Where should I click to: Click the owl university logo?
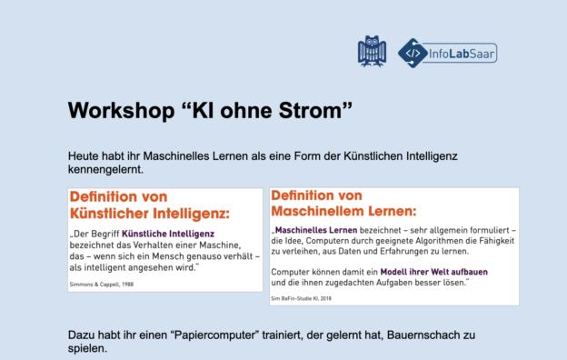(x=373, y=51)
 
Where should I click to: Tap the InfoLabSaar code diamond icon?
(x=413, y=54)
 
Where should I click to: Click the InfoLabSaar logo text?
(x=461, y=54)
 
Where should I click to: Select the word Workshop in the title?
(x=121, y=110)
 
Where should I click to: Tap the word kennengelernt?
(x=105, y=169)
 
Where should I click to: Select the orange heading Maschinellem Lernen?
(x=343, y=211)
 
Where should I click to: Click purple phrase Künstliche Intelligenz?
(x=168, y=234)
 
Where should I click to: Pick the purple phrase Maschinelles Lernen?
(x=316, y=230)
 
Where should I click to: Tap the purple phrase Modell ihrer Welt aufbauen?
(x=434, y=272)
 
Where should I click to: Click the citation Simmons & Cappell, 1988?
(x=102, y=285)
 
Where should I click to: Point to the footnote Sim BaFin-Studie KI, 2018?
(x=302, y=298)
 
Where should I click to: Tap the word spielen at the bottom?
(x=86, y=348)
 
